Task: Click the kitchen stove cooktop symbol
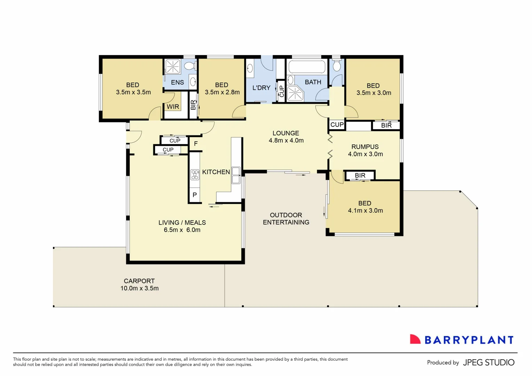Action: click(195, 174)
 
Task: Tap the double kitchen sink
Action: click(236, 175)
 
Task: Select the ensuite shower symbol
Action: click(172, 66)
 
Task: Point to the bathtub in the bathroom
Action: click(307, 67)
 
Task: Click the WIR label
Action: click(173, 107)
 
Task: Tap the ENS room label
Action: click(177, 83)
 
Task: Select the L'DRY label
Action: click(261, 88)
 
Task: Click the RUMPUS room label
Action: click(365, 147)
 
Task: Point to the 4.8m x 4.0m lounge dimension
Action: click(286, 141)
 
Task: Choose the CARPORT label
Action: click(139, 281)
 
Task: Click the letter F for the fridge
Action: click(196, 144)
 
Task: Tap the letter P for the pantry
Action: click(195, 195)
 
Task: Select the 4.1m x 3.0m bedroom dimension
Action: click(365, 211)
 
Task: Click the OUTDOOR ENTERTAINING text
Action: click(286, 219)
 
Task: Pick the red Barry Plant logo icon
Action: click(415, 339)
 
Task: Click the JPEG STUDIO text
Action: click(489, 362)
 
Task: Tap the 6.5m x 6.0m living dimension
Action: click(182, 230)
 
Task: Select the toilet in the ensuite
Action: click(190, 65)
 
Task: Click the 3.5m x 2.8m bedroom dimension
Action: click(222, 92)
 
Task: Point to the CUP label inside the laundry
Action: click(281, 91)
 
